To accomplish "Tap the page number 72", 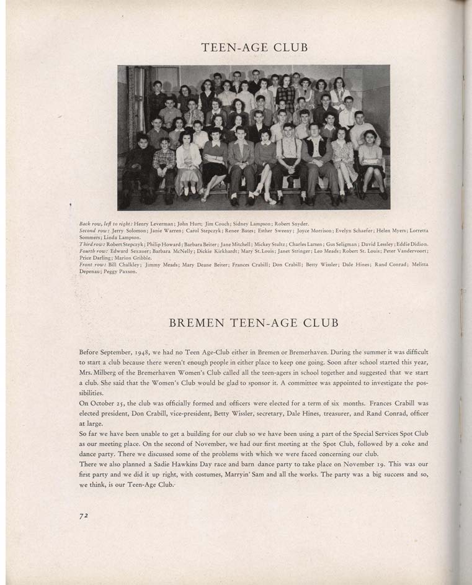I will [x=84, y=516].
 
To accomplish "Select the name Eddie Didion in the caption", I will [x=413, y=244].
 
